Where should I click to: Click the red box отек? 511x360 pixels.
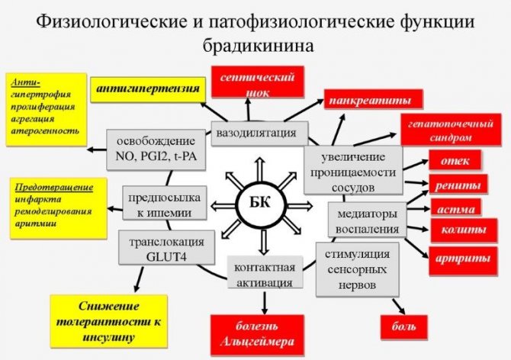click(x=455, y=159)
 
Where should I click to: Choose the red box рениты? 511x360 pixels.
click(x=458, y=184)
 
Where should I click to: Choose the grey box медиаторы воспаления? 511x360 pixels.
click(x=365, y=220)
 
